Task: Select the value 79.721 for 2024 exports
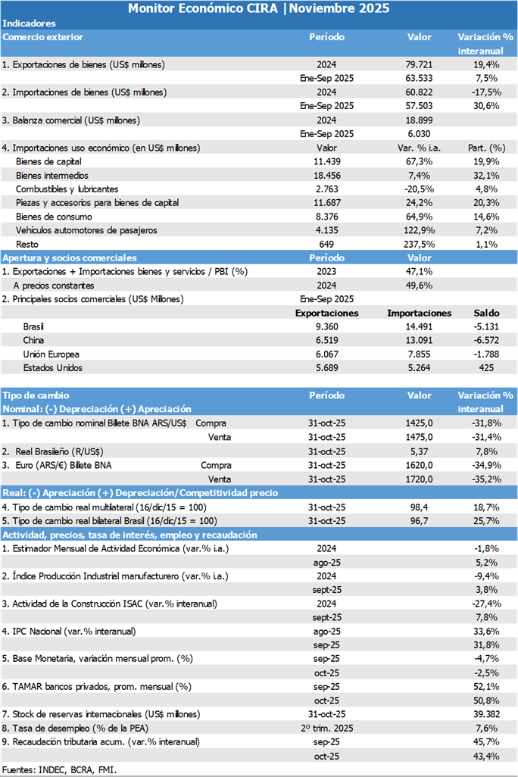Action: coord(420,64)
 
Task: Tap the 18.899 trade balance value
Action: coord(420,120)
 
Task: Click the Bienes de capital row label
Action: coord(48,161)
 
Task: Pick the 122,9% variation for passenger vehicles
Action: coord(420,230)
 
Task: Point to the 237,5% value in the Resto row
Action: coord(420,244)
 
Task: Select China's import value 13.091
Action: coord(420,341)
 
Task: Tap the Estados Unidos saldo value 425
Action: coord(485,368)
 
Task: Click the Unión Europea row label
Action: coord(51,354)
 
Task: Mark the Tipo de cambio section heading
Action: coord(36,395)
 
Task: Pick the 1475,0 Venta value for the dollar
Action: coord(420,437)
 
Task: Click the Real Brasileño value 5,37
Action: coord(420,451)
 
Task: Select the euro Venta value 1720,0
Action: coord(420,479)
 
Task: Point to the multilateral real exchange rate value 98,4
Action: coord(420,507)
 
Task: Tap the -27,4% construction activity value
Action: coord(485,603)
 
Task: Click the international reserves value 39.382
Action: coord(485,714)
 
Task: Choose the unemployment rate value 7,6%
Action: coord(485,728)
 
